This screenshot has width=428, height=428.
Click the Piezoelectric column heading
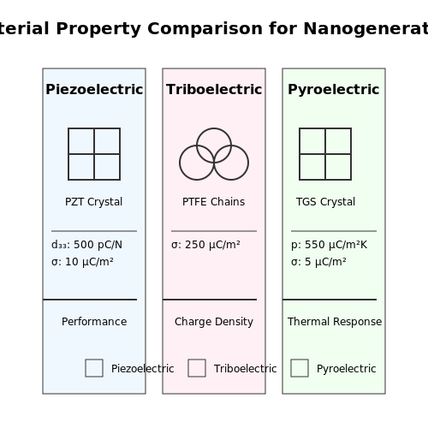point(94,90)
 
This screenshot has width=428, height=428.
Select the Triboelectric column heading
point(214,90)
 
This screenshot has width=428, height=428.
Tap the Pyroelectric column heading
point(334,90)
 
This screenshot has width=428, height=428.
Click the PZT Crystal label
point(94,202)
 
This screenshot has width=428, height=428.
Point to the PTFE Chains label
point(214,202)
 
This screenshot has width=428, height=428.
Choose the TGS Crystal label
point(325,202)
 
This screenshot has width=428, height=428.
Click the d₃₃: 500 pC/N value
point(86,245)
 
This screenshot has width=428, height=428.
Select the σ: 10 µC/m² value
point(82,262)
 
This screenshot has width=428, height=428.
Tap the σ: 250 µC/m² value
point(205,245)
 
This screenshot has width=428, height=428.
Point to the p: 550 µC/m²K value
point(330,245)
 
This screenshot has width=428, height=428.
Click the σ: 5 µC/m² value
point(318,262)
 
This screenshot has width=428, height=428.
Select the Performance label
point(94,322)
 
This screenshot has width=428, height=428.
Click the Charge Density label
point(214,322)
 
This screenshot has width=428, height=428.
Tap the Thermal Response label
point(335,322)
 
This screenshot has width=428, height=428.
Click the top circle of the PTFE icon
point(214,128)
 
